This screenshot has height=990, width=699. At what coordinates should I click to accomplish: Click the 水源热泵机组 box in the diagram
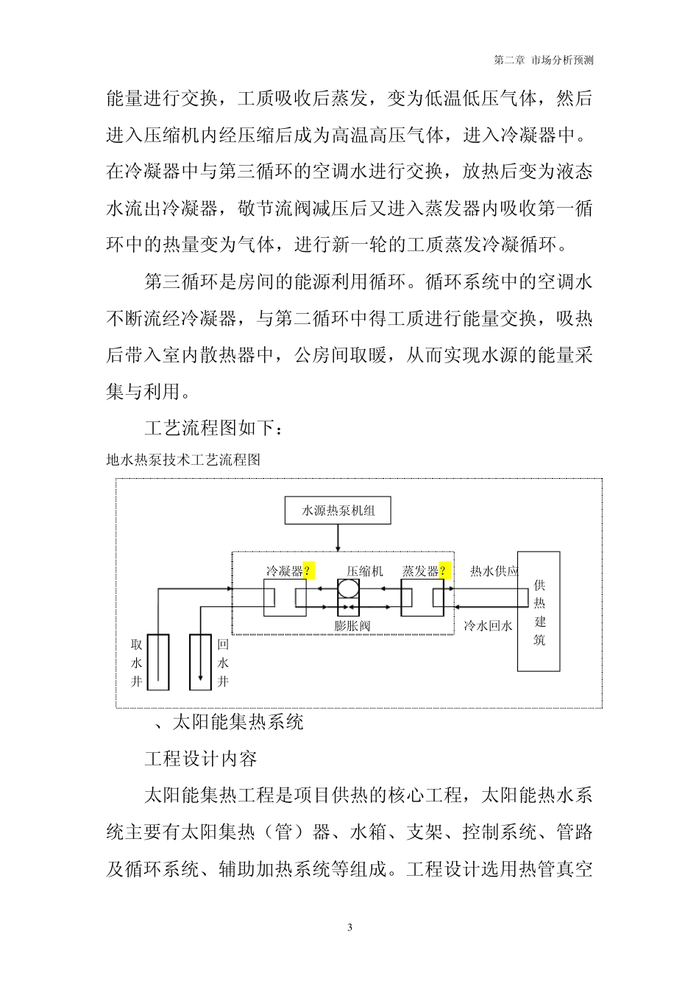pyautogui.click(x=338, y=510)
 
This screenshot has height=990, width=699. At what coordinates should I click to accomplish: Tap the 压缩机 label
pyautogui.click(x=364, y=571)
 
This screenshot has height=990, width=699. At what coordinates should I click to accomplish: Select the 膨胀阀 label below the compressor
pyautogui.click(x=352, y=626)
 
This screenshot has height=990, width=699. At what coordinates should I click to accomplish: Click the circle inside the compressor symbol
pyautogui.click(x=348, y=589)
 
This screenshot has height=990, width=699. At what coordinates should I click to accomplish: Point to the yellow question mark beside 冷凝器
pyautogui.click(x=308, y=571)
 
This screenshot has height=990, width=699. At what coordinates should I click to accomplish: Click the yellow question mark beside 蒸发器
pyautogui.click(x=443, y=571)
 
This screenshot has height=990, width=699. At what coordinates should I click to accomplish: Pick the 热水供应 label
pyautogui.click(x=494, y=571)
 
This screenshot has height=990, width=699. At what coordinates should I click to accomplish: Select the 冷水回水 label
pyautogui.click(x=488, y=626)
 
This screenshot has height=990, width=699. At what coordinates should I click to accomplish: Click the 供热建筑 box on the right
pyautogui.click(x=539, y=611)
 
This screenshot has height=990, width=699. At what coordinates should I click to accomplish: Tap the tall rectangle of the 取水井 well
pyautogui.click(x=158, y=661)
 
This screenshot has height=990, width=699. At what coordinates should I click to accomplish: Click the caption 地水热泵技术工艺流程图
pyautogui.click(x=183, y=460)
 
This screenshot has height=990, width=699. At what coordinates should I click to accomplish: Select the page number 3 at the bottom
pyautogui.click(x=349, y=927)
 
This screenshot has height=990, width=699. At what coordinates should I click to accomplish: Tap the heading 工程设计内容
pyautogui.click(x=200, y=758)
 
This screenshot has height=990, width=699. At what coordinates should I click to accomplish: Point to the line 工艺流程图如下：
pyautogui.click(x=220, y=427)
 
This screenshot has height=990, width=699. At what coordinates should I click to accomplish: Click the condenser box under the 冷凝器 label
pyautogui.click(x=285, y=597)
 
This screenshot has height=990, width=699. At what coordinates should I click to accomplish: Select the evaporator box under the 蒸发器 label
pyautogui.click(x=422, y=597)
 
